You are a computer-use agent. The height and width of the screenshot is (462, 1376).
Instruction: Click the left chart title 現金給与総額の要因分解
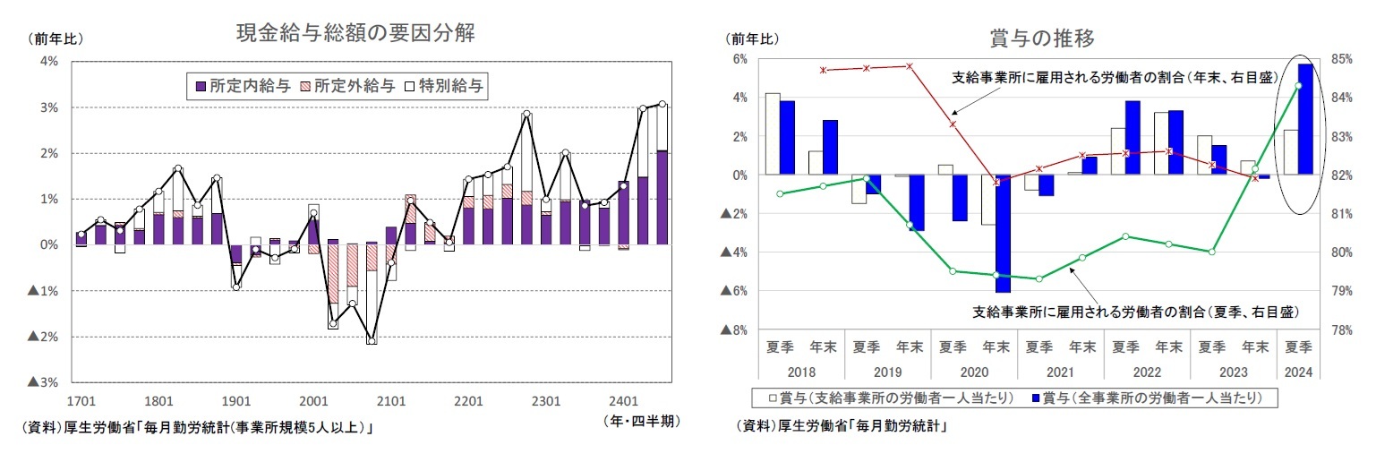(x=355, y=34)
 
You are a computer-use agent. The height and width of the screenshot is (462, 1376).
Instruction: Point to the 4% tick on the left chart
(x=48, y=61)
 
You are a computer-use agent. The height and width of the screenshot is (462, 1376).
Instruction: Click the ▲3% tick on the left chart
(x=44, y=382)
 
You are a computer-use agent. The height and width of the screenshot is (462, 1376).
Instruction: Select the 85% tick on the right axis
(x=1343, y=59)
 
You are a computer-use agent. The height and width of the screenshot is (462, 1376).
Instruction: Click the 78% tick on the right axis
(x=1343, y=330)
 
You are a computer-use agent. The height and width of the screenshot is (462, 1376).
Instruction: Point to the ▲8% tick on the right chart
(x=733, y=330)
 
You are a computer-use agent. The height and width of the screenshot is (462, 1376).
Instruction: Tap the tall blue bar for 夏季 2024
(x=1305, y=119)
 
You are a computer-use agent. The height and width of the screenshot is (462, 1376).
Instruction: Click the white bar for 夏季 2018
(x=772, y=133)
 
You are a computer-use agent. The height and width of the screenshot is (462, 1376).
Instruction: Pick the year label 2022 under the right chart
(x=1147, y=370)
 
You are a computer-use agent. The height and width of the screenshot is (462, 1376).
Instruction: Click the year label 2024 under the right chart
(x=1297, y=370)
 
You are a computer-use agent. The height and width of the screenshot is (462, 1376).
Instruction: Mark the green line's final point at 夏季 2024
(x=1297, y=85)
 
